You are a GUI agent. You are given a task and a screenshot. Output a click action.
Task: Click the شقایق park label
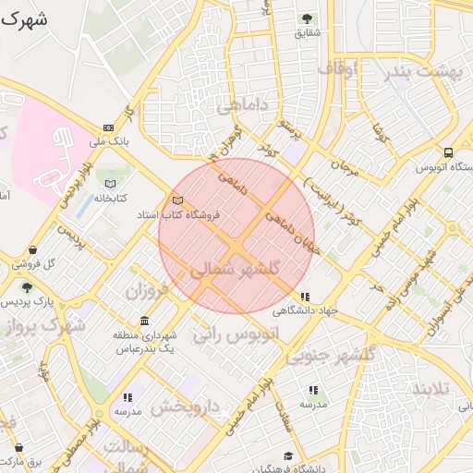coord(307,33)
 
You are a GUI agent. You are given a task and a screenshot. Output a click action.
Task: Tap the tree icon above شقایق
coord(307,18)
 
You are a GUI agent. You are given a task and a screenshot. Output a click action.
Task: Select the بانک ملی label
coord(109,142)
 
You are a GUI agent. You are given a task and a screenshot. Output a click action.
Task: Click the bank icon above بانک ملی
coord(109,127)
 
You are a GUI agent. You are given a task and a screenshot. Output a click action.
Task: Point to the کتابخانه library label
coord(111,198)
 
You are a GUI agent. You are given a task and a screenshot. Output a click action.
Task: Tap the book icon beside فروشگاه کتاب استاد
coord(177,200)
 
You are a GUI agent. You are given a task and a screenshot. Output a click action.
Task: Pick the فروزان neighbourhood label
coord(148,291)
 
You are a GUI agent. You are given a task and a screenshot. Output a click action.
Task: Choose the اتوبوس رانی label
coord(235,334)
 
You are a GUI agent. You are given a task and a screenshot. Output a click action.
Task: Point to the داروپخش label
coord(185,406)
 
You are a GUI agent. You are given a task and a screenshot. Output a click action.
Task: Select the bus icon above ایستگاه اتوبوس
coord(449,152)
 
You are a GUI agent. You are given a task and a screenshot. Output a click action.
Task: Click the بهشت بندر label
coord(425,72)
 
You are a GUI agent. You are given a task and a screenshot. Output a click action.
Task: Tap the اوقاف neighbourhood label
coord(337,69)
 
